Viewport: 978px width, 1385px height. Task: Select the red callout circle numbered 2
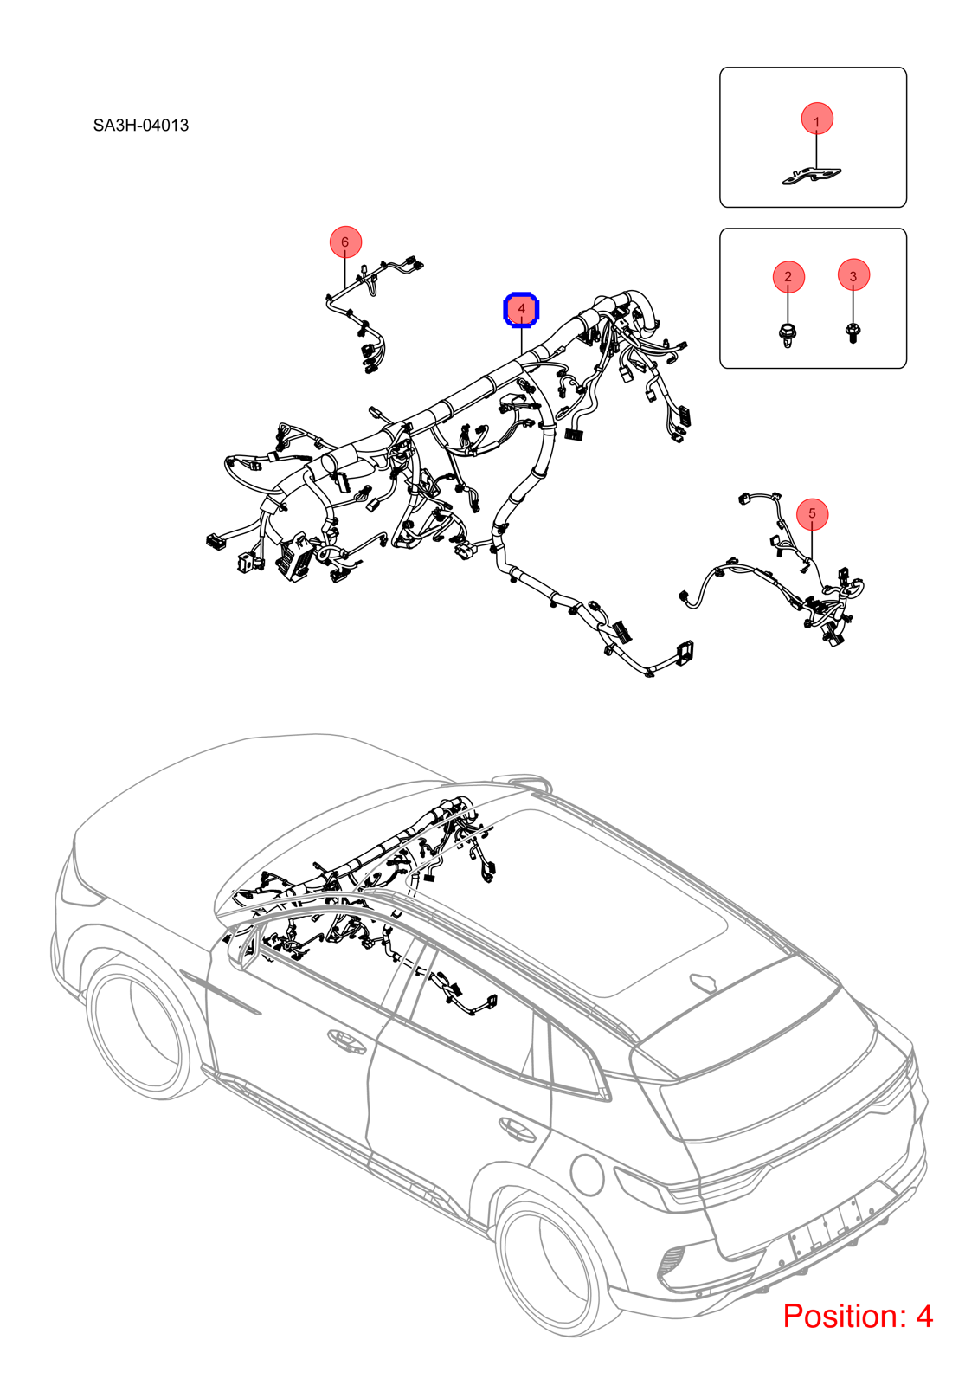point(788,276)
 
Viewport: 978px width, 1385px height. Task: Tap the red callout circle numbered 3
point(853,275)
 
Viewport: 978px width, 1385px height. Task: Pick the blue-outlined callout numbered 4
point(522,309)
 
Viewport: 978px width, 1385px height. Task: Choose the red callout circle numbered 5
point(813,514)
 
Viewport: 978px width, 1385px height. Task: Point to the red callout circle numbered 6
point(345,242)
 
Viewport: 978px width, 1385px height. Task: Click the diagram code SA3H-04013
point(141,126)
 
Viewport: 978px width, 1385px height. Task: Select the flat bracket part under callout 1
point(812,177)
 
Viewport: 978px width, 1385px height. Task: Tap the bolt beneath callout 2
point(787,334)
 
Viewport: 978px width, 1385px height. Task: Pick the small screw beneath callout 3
point(853,334)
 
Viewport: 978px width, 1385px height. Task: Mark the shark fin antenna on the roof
point(702,982)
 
